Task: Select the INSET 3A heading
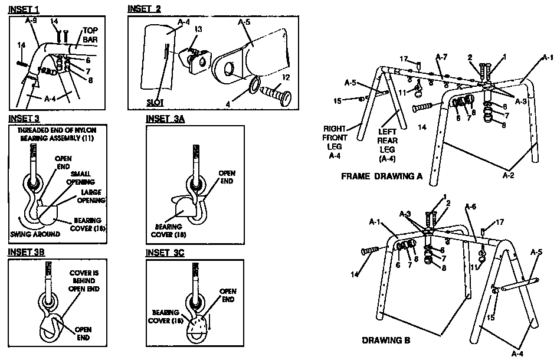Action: [166, 119]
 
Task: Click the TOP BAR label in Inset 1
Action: [90, 35]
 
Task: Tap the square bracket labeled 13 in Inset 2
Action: [197, 60]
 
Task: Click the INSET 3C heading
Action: [166, 252]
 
